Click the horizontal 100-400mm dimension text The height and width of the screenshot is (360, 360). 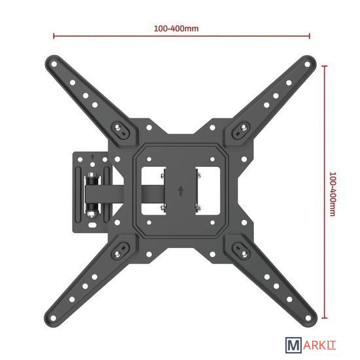point(176,29)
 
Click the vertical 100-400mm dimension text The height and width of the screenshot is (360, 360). point(333,194)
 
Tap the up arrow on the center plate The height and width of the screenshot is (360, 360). point(181,190)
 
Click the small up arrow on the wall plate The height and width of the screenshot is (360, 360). point(92,157)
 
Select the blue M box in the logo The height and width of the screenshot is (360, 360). point(293,345)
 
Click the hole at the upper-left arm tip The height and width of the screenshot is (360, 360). point(54,64)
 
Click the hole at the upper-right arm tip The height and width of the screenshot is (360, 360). point(307,65)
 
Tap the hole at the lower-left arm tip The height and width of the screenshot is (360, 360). point(53,319)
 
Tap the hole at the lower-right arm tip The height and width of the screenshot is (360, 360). point(308,318)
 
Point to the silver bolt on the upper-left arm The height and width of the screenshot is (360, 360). point(118,127)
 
